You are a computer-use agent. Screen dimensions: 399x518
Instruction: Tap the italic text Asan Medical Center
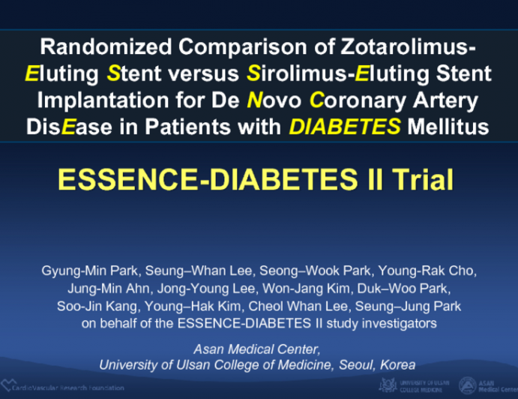coord(257,349)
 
